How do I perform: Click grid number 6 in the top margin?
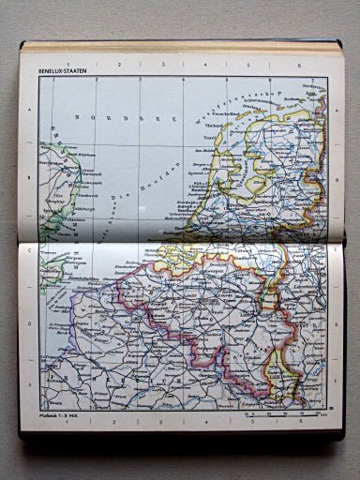coord(298,65)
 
